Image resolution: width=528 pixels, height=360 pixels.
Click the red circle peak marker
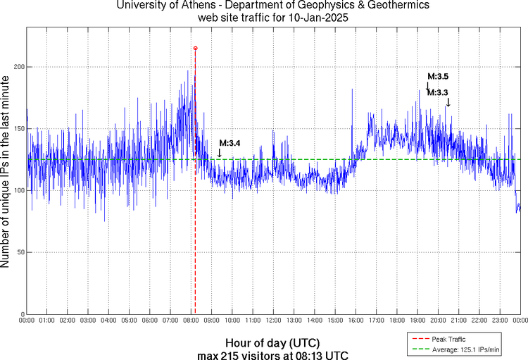click(195, 48)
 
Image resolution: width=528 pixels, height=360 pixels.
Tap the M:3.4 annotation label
click(230, 143)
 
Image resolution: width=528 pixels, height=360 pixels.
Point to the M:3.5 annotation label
click(438, 75)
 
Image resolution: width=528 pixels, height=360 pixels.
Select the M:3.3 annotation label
click(438, 92)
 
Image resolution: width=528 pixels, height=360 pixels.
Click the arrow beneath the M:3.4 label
click(220, 151)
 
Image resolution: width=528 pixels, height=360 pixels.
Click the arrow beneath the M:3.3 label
click(448, 103)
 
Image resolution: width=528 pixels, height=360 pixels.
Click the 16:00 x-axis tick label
click(356, 321)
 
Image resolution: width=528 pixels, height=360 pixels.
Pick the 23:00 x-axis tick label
click(500, 321)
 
